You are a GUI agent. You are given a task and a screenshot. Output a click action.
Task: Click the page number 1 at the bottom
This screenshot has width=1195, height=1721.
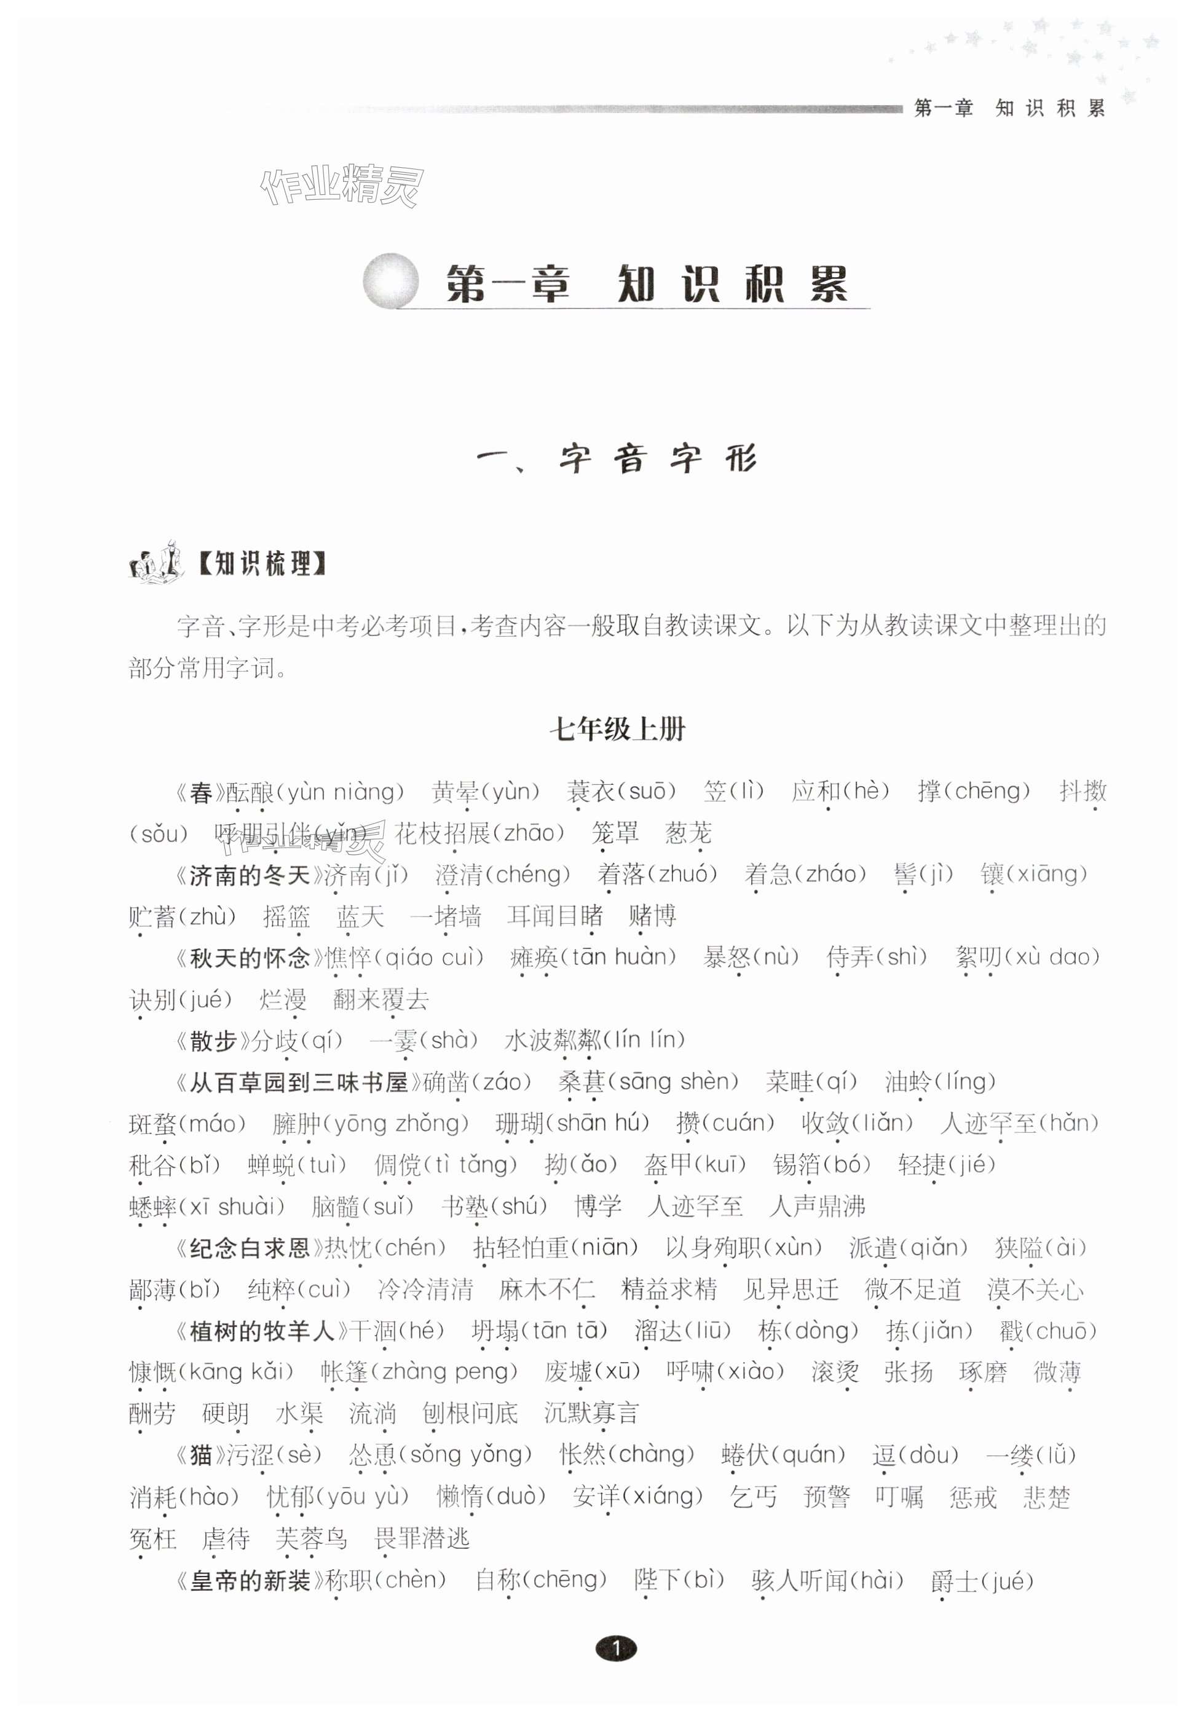tap(616, 1648)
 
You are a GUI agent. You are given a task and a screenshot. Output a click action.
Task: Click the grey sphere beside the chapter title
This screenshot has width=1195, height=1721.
tap(390, 281)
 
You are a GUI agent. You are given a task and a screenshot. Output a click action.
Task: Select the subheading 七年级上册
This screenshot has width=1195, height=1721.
tap(617, 728)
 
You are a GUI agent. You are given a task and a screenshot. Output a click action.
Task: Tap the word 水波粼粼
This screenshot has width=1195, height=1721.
tap(553, 1041)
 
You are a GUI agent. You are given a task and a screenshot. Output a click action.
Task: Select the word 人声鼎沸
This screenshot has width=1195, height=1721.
tap(817, 1206)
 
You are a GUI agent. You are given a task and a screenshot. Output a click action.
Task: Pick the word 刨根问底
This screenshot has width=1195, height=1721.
tap(470, 1413)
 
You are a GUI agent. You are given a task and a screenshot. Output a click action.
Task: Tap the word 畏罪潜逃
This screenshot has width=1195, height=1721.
tap(422, 1538)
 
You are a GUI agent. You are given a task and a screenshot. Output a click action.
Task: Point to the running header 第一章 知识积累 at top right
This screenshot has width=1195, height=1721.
tap(1009, 109)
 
